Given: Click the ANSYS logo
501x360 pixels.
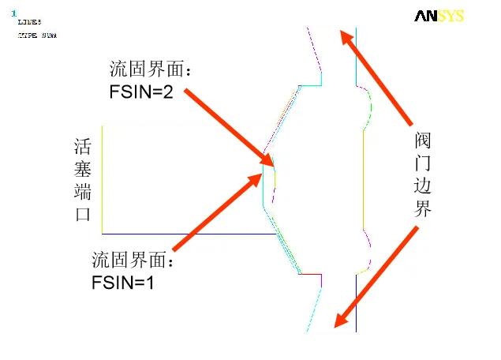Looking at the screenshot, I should (439, 16).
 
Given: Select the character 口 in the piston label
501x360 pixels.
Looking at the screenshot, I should (83, 215).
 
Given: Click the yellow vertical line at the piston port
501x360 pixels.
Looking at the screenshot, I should (103, 180).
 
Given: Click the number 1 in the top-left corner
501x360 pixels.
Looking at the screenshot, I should (13, 13).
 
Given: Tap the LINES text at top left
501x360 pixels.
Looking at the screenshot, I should (29, 24).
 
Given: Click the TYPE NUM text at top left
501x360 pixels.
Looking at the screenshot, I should (37, 36).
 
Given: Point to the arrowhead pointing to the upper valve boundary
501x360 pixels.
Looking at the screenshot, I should (344, 36).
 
